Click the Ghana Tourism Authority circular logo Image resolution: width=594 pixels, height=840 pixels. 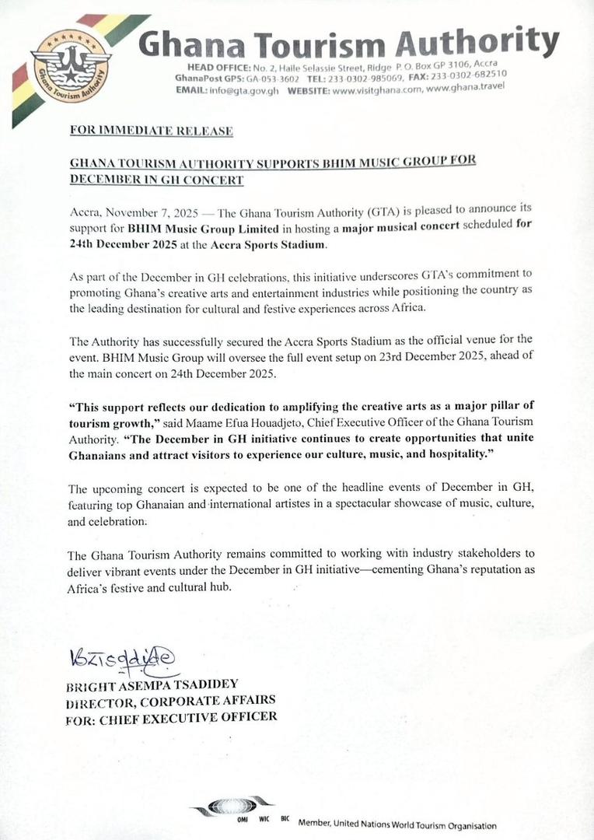tap(71, 68)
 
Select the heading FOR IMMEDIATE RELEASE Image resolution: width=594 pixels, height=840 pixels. tap(152, 131)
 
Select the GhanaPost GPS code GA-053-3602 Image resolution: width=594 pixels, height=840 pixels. tap(267, 80)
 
